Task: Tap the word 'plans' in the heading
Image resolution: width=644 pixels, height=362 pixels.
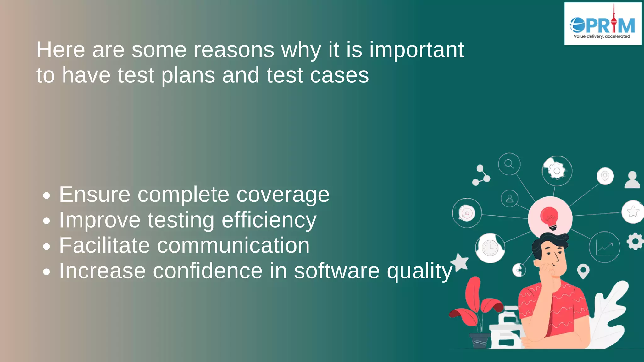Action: point(188,75)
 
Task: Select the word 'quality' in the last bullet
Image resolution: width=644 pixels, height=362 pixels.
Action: point(419,271)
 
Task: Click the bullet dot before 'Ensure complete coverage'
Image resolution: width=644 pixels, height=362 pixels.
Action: point(47,195)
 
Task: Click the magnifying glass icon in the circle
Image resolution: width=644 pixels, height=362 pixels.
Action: point(509,164)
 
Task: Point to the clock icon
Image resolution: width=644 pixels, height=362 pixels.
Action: point(490,248)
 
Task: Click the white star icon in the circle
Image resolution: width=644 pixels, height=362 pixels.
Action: point(633,211)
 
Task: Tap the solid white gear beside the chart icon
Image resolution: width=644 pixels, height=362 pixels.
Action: point(635,241)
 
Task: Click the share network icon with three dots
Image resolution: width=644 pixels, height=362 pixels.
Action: point(481,175)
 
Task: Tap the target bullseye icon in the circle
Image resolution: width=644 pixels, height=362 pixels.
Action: point(467,213)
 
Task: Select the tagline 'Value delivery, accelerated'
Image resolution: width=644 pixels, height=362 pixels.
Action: point(602,36)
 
